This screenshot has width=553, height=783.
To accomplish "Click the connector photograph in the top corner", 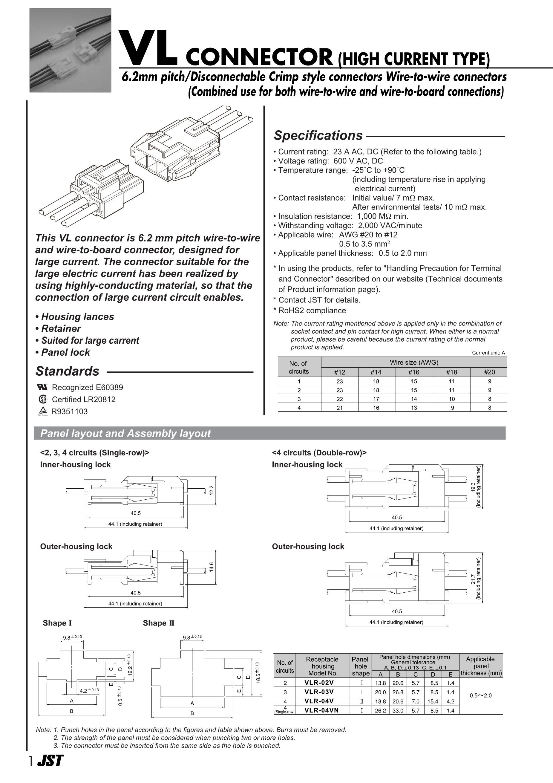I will (x=70, y=50).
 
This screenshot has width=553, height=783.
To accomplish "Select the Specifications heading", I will (x=318, y=135).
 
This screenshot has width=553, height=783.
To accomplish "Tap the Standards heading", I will (x=67, y=371).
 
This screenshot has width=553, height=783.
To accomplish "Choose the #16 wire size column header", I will (x=413, y=372).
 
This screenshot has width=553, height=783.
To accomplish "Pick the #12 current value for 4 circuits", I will (x=340, y=408).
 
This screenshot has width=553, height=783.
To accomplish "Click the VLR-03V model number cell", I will (x=319, y=692).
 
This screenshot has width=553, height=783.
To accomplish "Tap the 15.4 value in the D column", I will (x=433, y=701).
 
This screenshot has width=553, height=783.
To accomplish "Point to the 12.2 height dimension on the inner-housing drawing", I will (x=212, y=490).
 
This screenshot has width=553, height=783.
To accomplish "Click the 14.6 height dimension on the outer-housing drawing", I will (x=212, y=566).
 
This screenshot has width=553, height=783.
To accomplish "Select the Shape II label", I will (x=159, y=623).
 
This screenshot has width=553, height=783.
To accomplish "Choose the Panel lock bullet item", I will (x=63, y=352).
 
